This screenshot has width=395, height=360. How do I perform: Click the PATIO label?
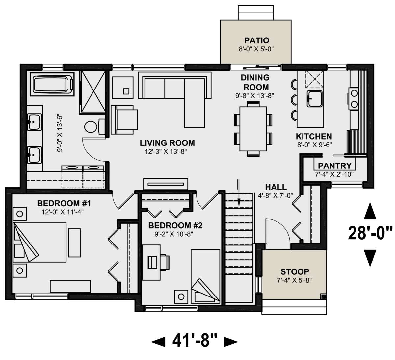click(256, 40)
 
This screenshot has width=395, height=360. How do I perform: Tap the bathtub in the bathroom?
click(52, 84)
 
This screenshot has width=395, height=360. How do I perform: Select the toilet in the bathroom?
click(95, 127)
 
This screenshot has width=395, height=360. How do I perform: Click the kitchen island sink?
click(315, 99)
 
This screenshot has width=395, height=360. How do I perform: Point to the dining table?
click(253, 129)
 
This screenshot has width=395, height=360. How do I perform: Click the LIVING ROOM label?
click(167, 143)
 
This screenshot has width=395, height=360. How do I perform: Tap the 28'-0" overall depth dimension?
click(370, 234)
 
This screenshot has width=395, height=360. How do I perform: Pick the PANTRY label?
click(334, 166)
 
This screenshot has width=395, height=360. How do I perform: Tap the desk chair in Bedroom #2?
click(165, 262)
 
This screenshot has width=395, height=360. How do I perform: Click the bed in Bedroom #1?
click(39, 242)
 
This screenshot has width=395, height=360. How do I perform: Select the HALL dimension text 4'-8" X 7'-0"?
click(276, 195)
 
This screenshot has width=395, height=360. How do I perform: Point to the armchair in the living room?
click(124, 120)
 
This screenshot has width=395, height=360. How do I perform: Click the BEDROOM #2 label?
click(175, 225)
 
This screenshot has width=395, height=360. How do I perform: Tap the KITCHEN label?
click(314, 136)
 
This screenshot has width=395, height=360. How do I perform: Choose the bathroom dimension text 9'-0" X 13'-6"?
click(60, 134)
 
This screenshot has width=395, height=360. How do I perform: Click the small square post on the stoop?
click(323, 296)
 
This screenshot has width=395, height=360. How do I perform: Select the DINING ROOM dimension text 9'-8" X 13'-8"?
click(255, 96)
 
